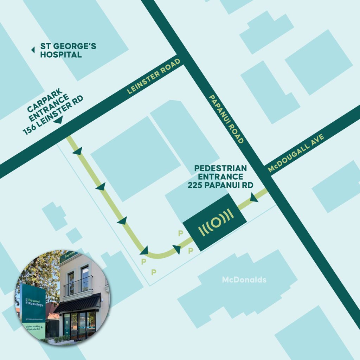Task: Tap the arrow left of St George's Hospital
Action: tap(33, 50)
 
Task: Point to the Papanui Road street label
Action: tap(226, 119)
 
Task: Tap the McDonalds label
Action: tap(244, 280)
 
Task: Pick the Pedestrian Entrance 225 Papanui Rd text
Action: tap(220, 177)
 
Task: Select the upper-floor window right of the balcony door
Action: tap(85, 274)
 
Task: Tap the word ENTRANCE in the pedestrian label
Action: tap(220, 177)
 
